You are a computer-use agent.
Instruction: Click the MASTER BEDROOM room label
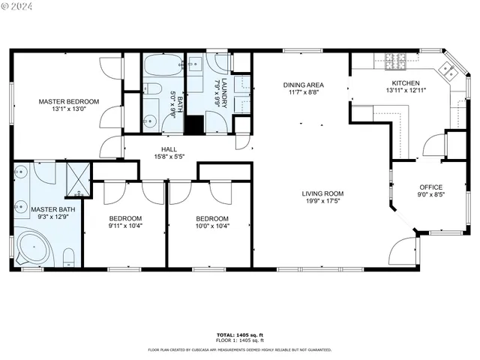point(69,101)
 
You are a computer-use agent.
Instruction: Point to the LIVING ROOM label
point(322,192)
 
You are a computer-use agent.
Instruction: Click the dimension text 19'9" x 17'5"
point(322,200)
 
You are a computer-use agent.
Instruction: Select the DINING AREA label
point(303,85)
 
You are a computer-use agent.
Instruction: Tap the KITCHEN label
point(405,83)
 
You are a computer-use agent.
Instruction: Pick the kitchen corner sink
point(448,70)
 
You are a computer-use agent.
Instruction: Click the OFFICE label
point(430,187)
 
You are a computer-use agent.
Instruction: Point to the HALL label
point(159,149)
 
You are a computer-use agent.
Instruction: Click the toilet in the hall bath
point(152,89)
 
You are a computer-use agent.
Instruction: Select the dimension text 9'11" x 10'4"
point(125,226)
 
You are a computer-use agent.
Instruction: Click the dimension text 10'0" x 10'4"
point(211,226)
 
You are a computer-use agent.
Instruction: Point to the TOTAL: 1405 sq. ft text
point(239,334)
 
